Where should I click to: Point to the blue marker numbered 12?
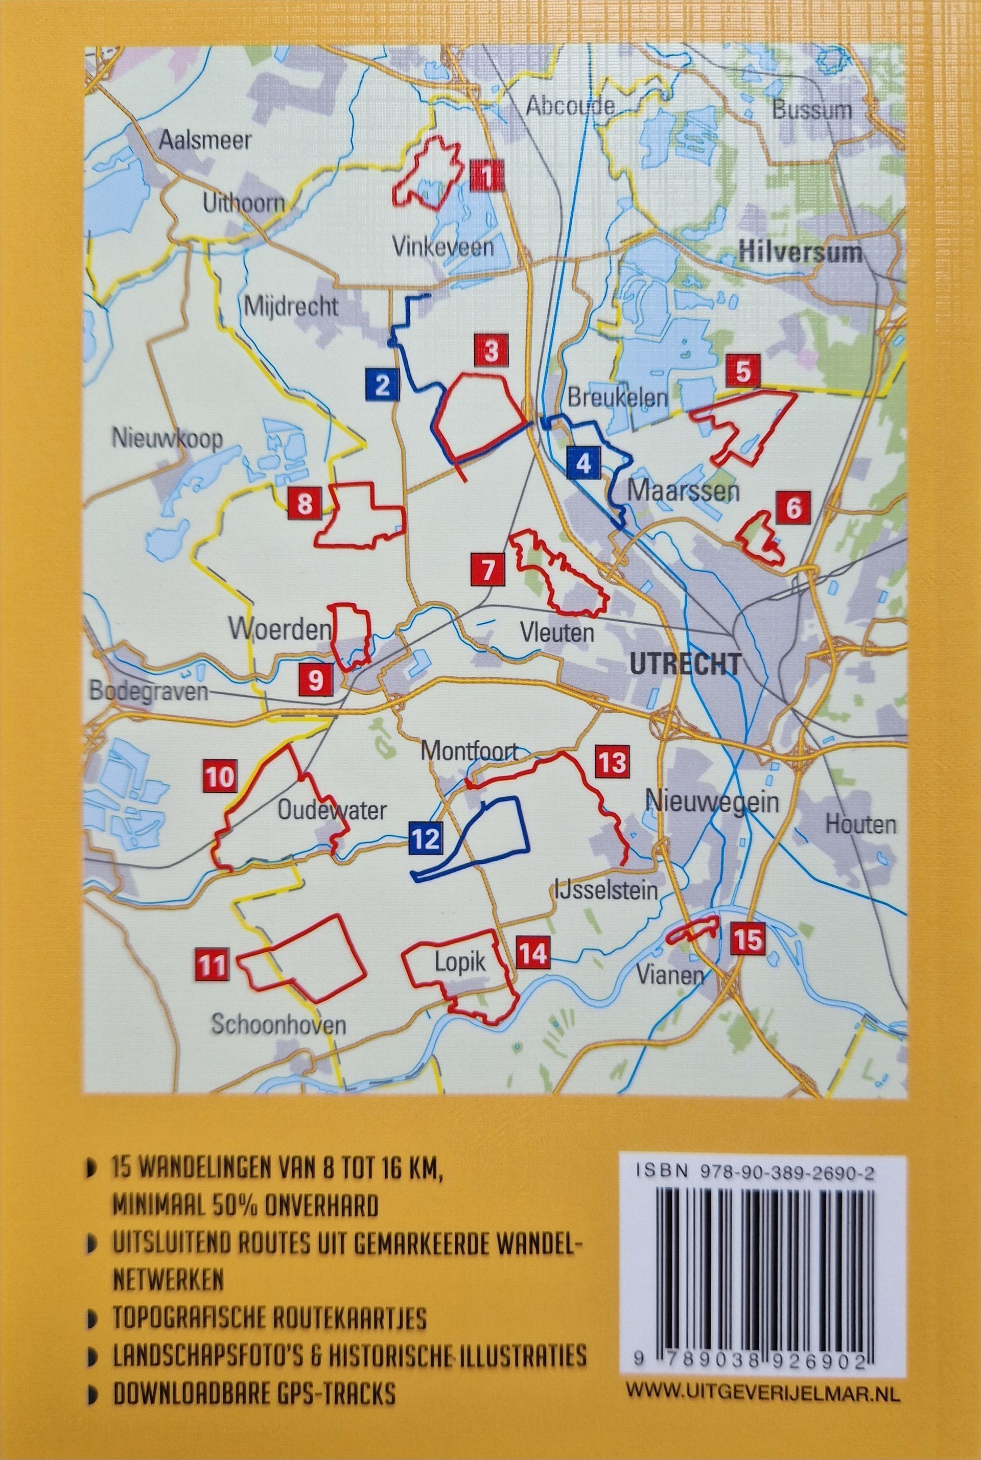click(426, 838)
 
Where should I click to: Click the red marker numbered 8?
click(305, 504)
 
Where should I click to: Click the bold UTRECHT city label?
click(685, 664)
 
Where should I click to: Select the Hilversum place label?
click(800, 253)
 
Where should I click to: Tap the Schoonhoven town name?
click(278, 1025)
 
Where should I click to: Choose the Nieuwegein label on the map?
click(712, 803)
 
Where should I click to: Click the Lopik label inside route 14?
click(460, 962)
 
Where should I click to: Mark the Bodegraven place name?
click(149, 692)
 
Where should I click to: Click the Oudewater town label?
click(332, 811)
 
